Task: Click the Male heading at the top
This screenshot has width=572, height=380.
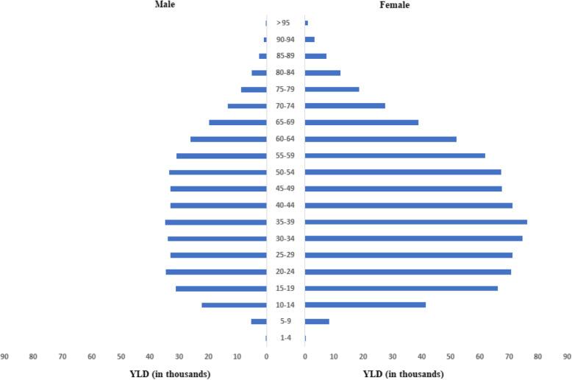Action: coord(164,4)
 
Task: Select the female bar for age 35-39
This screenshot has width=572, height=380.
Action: coord(415,222)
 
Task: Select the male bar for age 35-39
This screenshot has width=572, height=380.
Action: coord(215,222)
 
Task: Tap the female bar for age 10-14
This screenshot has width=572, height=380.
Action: coord(365,305)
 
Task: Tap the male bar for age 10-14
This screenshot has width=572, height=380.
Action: coord(234,305)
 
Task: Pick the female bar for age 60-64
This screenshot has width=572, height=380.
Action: coord(380,139)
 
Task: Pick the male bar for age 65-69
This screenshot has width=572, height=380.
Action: coord(237,122)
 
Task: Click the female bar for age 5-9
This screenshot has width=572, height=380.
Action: coord(317,321)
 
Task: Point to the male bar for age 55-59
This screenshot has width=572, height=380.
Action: coord(221,155)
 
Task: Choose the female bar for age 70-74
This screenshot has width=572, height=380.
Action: coord(345,105)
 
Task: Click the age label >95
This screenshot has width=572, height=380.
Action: coord(283,23)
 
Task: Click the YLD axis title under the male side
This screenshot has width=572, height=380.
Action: coord(171,373)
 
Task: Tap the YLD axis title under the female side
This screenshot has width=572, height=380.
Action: coord(404,373)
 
